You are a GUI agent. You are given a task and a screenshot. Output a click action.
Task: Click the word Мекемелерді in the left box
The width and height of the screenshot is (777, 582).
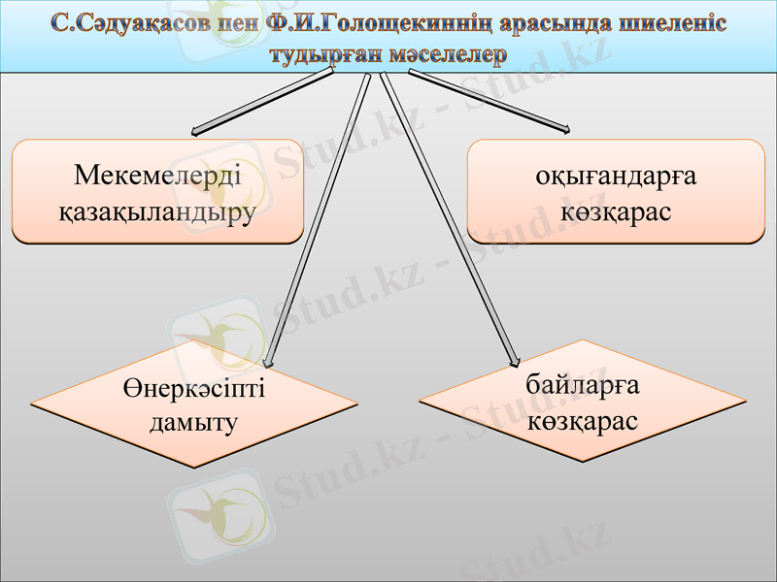(157, 176)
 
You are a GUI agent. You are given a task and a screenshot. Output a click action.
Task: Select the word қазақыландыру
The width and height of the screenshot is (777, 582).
(157, 210)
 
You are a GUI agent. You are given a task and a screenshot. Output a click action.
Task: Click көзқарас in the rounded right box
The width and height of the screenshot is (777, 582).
(617, 210)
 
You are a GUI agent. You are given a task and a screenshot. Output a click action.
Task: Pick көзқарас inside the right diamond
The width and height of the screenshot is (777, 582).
(583, 421)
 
